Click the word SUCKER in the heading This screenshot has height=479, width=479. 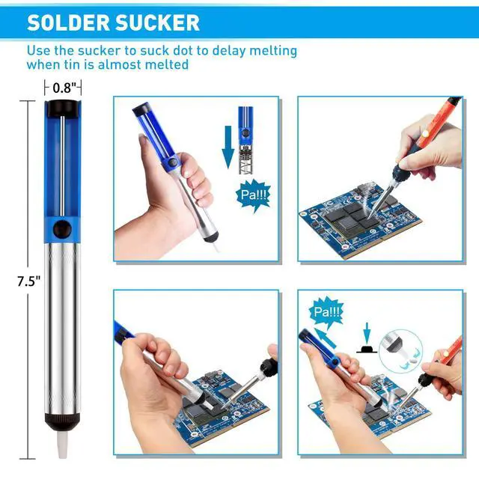pos(159,22)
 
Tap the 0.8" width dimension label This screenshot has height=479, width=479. pos(64,88)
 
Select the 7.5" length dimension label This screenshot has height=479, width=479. pos(28,281)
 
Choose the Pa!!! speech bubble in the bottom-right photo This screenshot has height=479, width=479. pos(325,312)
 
